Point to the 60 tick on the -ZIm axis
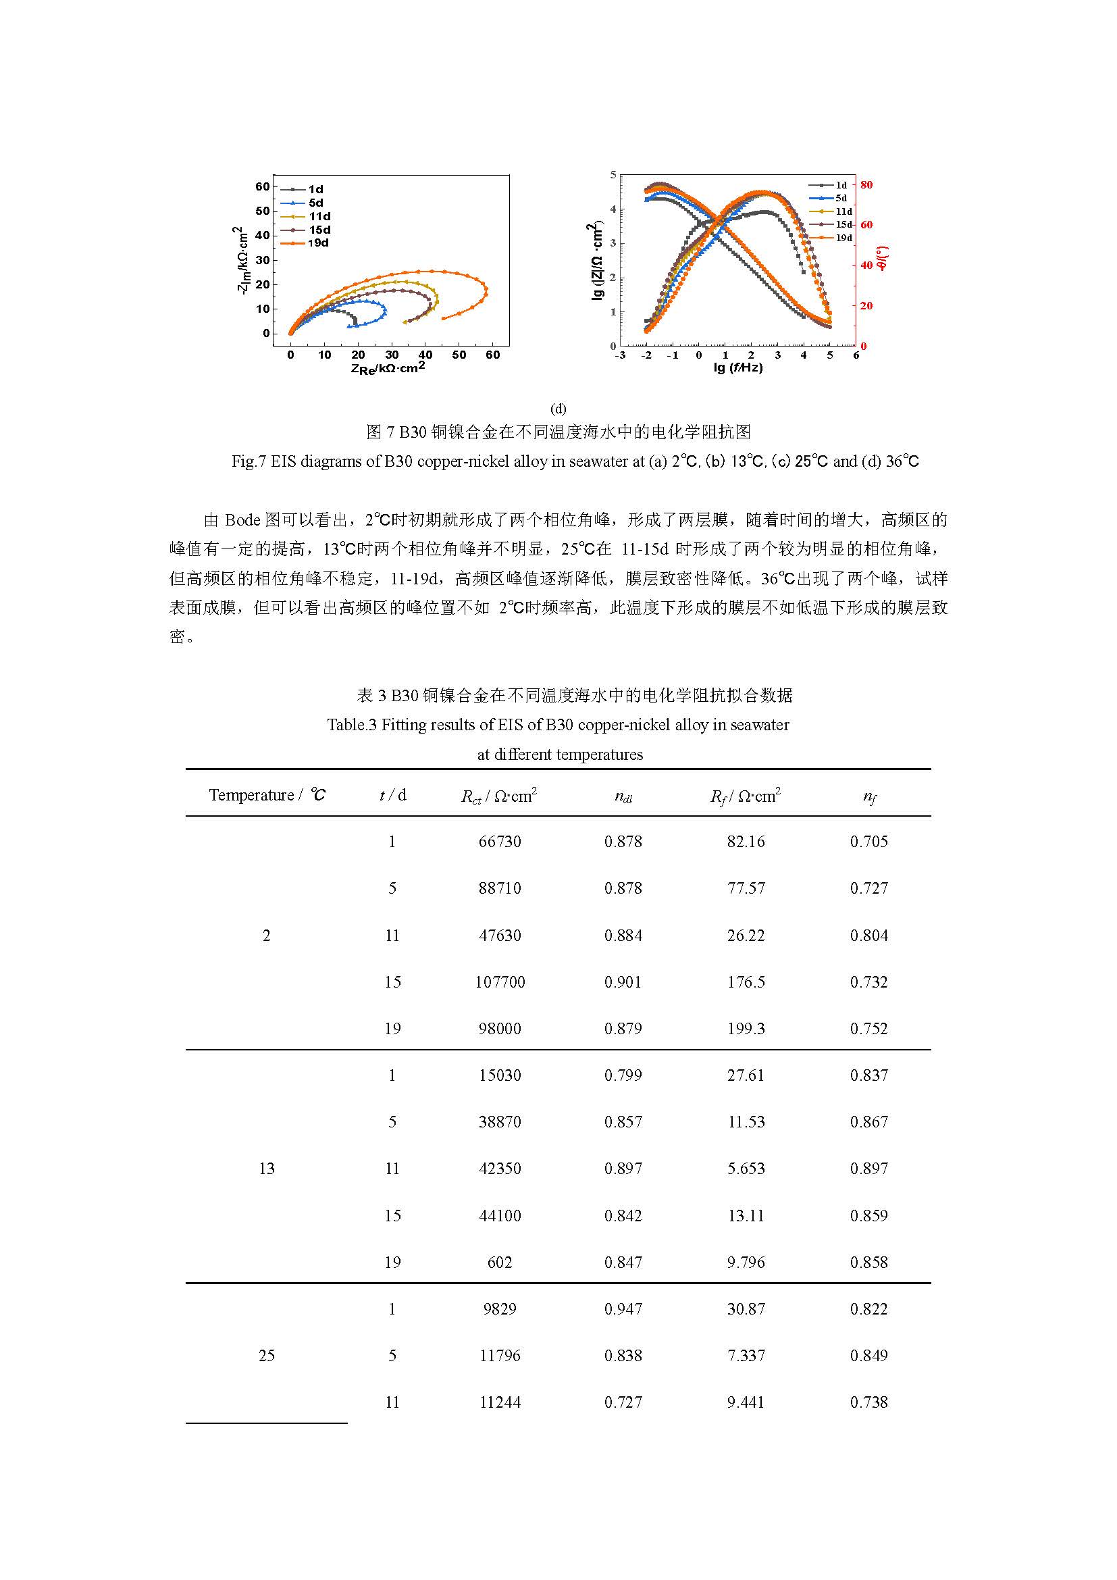tap(262, 187)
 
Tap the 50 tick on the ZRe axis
tap(459, 355)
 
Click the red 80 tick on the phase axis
tap(866, 184)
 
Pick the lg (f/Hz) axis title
tap(737, 367)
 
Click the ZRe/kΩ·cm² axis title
tap(388, 368)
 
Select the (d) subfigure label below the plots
tap(558, 409)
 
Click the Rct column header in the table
tap(498, 796)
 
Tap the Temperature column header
tap(267, 795)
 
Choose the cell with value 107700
tap(499, 982)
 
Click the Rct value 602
tap(499, 1262)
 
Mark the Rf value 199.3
tap(746, 1029)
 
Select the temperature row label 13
tap(266, 1169)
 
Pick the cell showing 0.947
tap(623, 1309)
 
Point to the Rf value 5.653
tap(746, 1169)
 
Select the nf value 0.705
tap(868, 842)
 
